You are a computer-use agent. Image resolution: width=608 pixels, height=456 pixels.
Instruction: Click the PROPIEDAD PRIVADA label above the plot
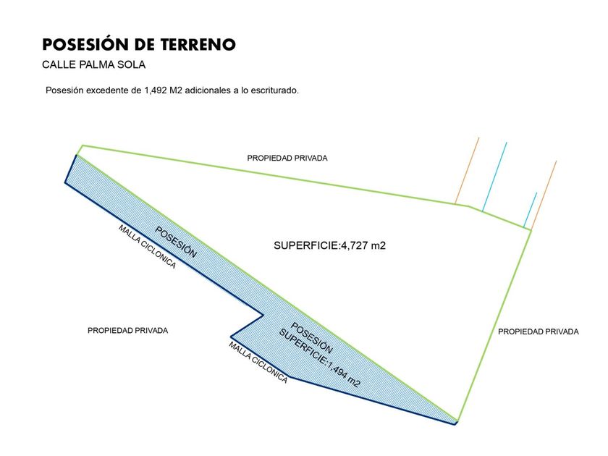click(x=287, y=158)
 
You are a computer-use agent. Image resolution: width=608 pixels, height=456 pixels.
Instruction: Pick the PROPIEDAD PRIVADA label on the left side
click(x=127, y=330)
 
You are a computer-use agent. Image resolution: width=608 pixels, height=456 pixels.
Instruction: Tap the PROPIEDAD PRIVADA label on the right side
click(x=539, y=332)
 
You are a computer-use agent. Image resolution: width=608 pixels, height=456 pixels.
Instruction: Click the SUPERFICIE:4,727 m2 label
click(x=329, y=245)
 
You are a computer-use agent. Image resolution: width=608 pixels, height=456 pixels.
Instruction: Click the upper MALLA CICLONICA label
click(x=147, y=246)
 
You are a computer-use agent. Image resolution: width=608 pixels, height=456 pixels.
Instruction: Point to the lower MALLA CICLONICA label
click(x=258, y=363)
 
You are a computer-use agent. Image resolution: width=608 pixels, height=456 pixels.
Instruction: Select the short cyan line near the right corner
click(x=531, y=209)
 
